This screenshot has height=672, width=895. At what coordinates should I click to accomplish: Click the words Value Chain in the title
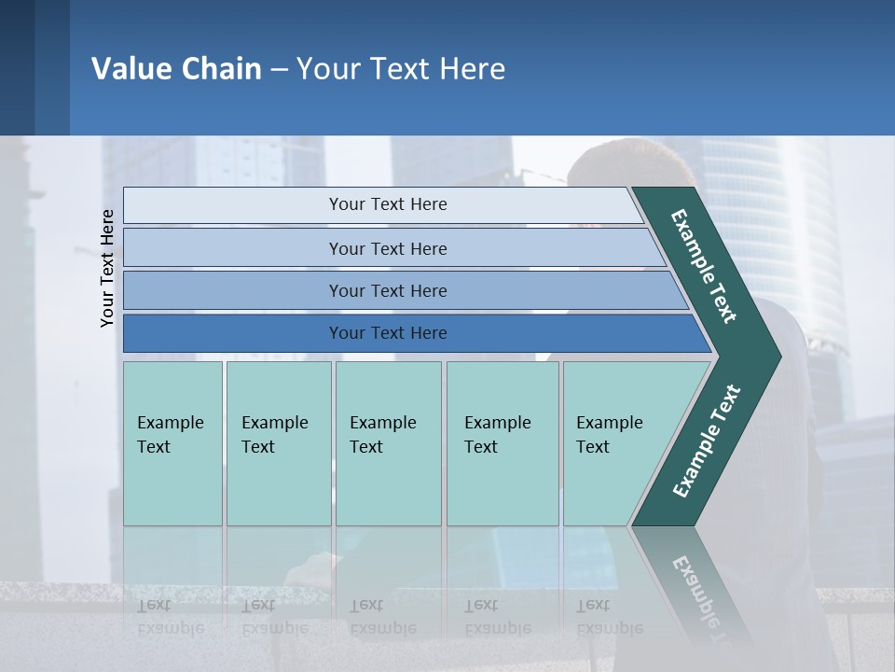(x=176, y=69)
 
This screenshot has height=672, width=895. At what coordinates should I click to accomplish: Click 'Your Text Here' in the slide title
(x=401, y=69)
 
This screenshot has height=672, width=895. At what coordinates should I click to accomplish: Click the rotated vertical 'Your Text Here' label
(x=107, y=268)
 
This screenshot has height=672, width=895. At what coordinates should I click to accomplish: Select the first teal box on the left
(x=172, y=443)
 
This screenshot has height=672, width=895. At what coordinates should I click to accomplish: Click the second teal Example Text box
(x=278, y=443)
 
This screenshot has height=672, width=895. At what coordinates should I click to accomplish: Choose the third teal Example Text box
(x=387, y=443)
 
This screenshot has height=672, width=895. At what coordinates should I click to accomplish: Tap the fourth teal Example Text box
(x=502, y=443)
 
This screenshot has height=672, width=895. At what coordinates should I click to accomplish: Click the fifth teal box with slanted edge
(x=615, y=443)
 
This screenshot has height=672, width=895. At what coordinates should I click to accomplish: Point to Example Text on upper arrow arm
(x=704, y=266)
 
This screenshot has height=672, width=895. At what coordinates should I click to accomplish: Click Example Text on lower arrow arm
(x=706, y=441)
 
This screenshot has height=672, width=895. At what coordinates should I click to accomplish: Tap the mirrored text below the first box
(x=171, y=617)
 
